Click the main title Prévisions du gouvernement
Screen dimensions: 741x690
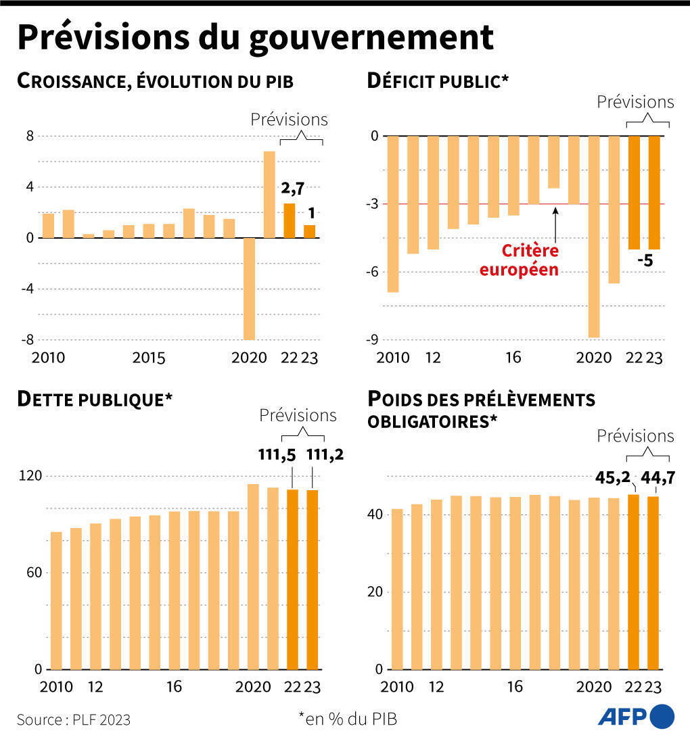coord(255,38)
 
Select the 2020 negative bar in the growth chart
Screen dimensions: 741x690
coord(249,289)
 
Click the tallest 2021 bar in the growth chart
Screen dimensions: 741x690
coord(269,194)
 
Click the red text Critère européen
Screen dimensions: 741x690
coord(530,260)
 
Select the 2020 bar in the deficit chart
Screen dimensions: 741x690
coord(594,237)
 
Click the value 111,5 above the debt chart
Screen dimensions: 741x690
coord(277,454)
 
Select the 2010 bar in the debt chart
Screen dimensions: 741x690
coord(56,600)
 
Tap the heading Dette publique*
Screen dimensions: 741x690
coord(95,399)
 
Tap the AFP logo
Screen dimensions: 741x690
coord(636,717)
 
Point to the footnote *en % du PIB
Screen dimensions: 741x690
coord(348,719)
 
